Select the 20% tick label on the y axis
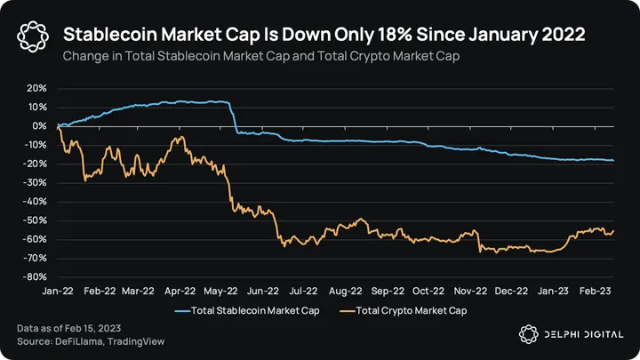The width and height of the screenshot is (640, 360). coord(36,89)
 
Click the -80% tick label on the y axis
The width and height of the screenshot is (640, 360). coord(35,276)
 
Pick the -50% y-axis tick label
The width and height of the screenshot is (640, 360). coord(35,220)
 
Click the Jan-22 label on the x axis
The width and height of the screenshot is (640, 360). coord(56,290)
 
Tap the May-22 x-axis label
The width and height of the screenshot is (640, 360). coord(220,290)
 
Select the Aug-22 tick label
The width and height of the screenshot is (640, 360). coord(344,290)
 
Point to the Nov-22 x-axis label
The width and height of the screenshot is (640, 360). coord(469,290)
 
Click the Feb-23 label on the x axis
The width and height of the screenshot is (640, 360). coord(594,290)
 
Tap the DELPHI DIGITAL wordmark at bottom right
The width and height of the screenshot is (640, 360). coord(579,334)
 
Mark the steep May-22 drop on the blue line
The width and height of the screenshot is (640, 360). coord(234,120)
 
